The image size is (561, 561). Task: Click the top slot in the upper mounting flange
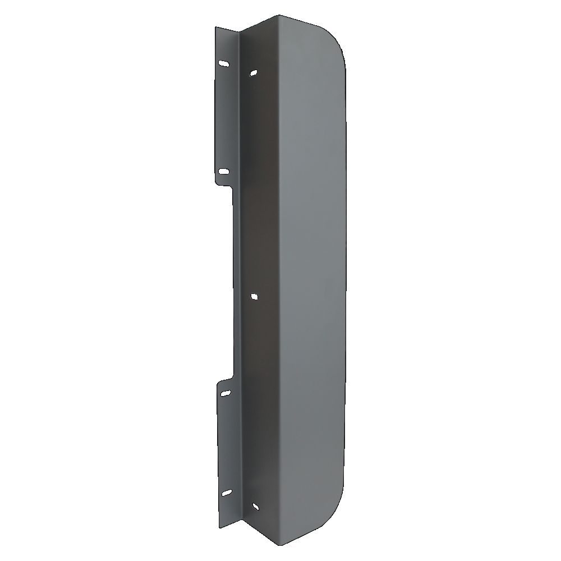[x=224, y=65]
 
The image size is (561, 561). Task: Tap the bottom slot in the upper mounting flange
[x=223, y=172]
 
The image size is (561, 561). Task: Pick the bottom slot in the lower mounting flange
[x=226, y=492]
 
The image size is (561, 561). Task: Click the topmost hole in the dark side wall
[x=254, y=72]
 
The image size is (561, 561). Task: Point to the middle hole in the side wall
[x=254, y=295]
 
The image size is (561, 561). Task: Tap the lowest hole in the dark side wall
[x=255, y=507]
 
